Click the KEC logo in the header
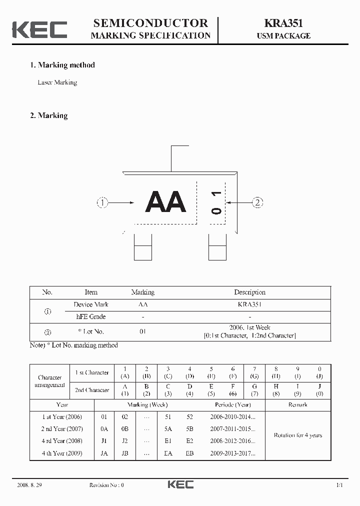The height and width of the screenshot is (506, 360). tap(39, 29)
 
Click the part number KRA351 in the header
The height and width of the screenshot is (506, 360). tap(283, 23)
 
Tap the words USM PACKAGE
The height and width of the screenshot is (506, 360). tap(283, 36)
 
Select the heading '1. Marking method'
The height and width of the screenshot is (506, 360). tap(62, 65)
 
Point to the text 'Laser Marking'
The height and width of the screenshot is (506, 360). tap(57, 82)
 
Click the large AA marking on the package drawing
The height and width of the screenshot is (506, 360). tap(165, 202)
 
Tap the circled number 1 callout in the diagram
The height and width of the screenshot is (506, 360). tap(102, 202)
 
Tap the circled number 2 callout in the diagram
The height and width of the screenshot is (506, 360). tap(257, 202)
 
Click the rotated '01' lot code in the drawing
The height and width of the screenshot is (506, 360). tap(216, 202)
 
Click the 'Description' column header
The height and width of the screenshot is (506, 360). tap(249, 292)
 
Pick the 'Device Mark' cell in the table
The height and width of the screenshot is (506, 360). tap(90, 304)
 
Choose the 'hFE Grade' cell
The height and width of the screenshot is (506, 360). tap(90, 316)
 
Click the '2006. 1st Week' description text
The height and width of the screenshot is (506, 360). tap(249, 327)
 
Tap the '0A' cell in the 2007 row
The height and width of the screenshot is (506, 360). tap(104, 429)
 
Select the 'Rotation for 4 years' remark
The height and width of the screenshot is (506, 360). tap(297, 435)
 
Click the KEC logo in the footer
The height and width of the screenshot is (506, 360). tap(180, 484)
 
